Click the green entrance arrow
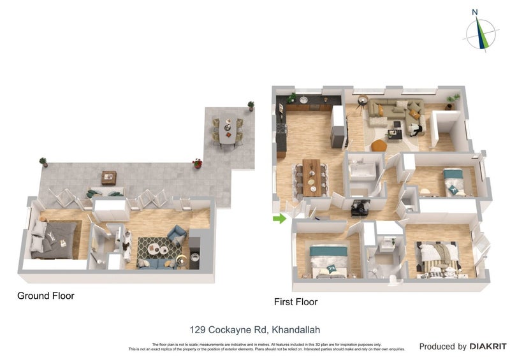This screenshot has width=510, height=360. pyautogui.click(x=279, y=219)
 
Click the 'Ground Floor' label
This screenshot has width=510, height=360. pyautogui.click(x=46, y=296)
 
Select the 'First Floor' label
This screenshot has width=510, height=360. pyautogui.click(x=296, y=302)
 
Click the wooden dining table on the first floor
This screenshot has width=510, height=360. pyautogui.click(x=311, y=176)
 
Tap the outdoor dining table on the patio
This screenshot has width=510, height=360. pyautogui.click(x=226, y=131)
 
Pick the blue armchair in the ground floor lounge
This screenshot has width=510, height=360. pyautogui.click(x=177, y=234)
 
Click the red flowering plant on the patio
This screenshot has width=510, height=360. pyautogui.click(x=198, y=163)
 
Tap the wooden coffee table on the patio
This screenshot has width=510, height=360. pyautogui.click(x=109, y=177)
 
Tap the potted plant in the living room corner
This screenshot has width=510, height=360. pyautogui.click(x=453, y=99)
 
